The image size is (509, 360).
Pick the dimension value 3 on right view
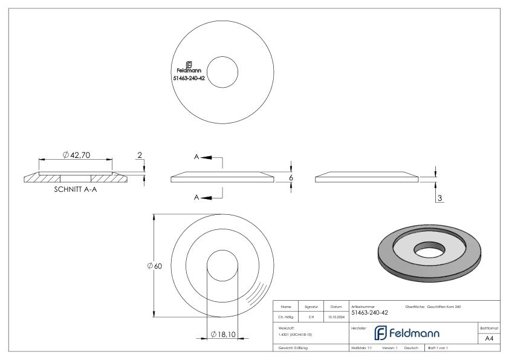(x=439, y=198)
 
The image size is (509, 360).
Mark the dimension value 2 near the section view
(x=140, y=155)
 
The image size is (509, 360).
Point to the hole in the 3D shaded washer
(x=430, y=247)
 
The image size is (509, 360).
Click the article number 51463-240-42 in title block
(x=369, y=312)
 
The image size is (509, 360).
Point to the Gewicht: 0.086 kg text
(x=293, y=349)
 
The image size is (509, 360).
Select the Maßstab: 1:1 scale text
(x=361, y=349)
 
